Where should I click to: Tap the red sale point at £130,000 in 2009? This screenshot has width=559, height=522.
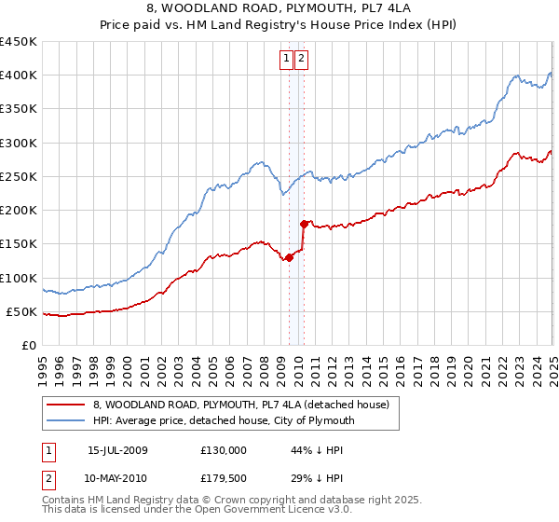(289, 258)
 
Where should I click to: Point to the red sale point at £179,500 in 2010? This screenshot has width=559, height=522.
(304, 224)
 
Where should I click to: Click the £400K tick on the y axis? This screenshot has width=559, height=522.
(19, 76)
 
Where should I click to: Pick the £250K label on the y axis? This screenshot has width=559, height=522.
(19, 176)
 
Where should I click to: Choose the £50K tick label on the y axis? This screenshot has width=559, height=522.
(22, 311)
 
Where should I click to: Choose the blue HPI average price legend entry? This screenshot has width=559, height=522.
(224, 420)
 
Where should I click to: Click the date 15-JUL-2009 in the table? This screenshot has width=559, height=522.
(117, 450)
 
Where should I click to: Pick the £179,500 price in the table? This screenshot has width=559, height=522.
(224, 478)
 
